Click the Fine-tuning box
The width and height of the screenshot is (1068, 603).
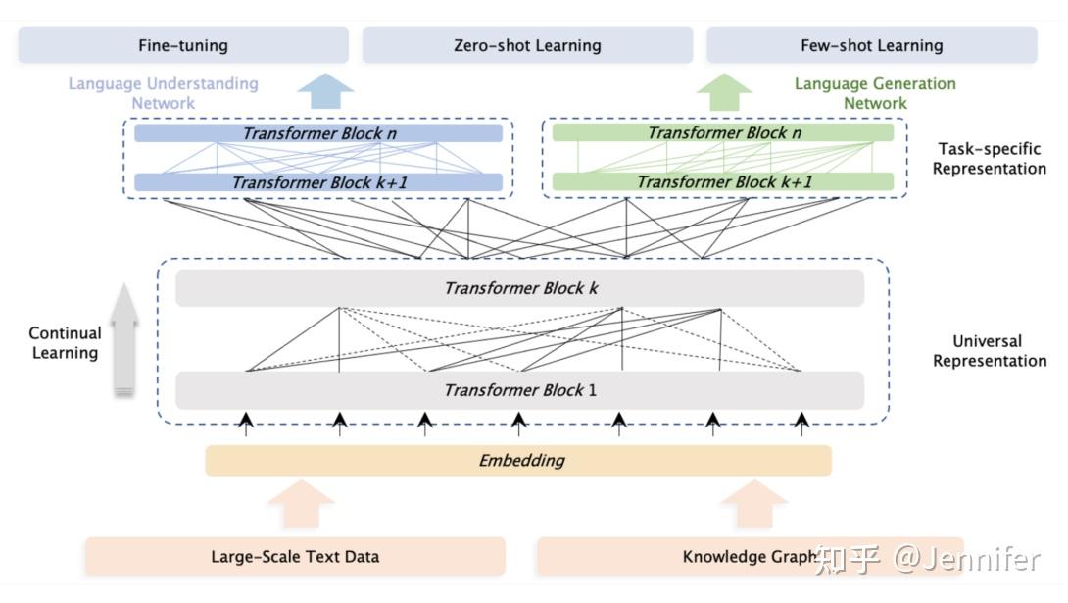tap(183, 46)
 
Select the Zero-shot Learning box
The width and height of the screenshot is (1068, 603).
tap(527, 46)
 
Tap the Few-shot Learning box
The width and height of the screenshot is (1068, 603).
tap(872, 46)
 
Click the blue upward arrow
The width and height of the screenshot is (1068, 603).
tap(325, 91)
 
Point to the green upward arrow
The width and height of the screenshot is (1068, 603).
tap(724, 92)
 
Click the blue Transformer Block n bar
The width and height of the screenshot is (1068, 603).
tap(318, 133)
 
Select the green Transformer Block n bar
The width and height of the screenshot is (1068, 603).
tap(723, 132)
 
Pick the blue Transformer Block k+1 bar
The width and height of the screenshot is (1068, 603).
tap(318, 182)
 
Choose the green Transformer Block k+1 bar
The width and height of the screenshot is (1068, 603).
tap(723, 181)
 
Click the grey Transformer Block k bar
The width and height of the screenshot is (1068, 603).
tap(520, 288)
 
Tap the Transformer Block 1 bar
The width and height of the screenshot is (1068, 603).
tap(520, 390)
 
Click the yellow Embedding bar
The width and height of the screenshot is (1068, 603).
tap(518, 461)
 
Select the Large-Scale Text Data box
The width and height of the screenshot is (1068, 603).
tap(295, 556)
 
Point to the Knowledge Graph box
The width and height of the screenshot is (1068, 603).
tap(751, 556)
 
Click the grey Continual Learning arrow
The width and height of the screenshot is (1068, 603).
tap(124, 339)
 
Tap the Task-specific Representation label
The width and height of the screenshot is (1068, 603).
tap(989, 159)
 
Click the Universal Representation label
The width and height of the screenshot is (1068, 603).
tap(989, 351)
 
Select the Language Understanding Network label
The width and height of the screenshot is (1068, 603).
tap(164, 93)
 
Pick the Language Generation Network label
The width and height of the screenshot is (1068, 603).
tap(875, 93)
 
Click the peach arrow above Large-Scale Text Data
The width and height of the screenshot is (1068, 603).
tap(301, 504)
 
